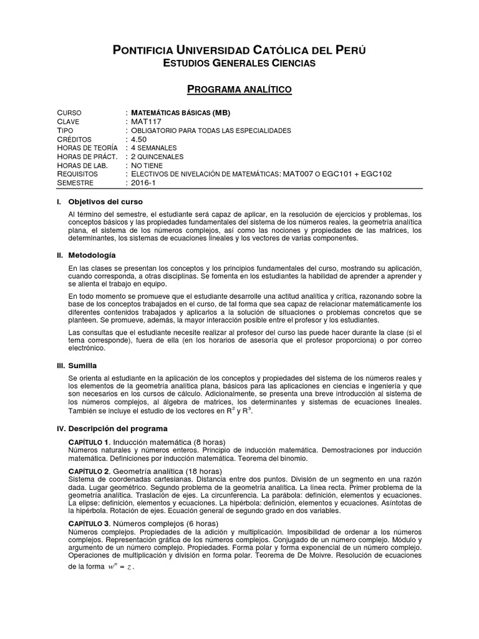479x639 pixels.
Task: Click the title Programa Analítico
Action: [240, 90]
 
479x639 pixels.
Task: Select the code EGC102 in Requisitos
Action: [375, 174]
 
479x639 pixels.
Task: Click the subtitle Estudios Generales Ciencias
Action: [239, 64]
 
